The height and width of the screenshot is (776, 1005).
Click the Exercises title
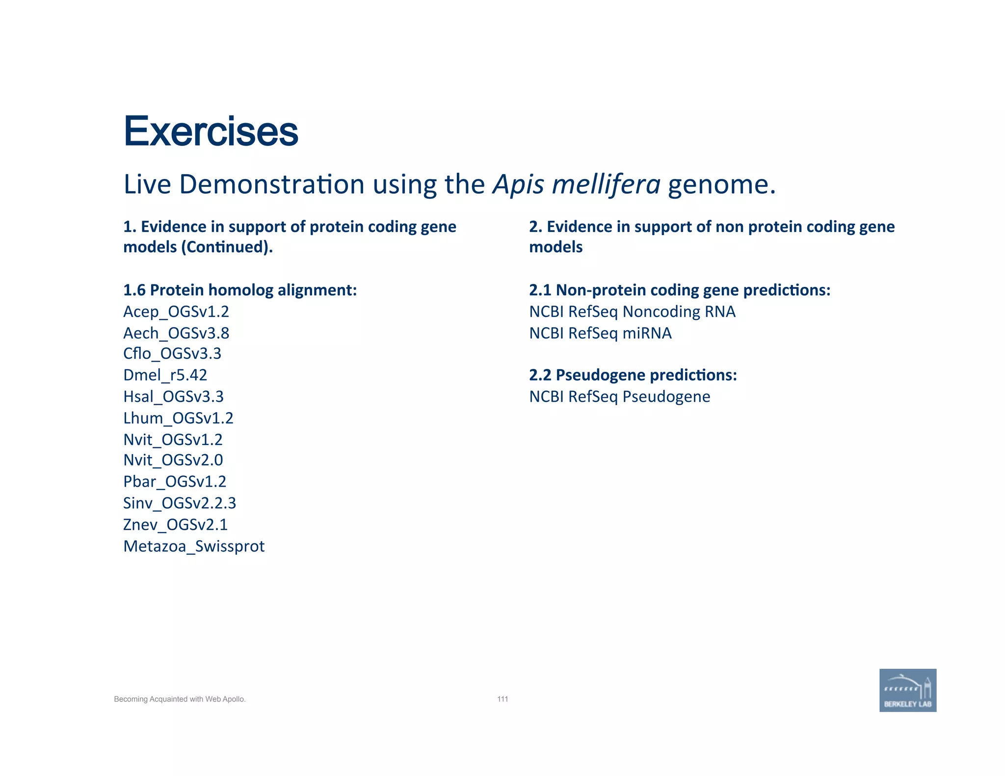pos(211,131)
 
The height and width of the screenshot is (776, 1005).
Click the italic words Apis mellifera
pos(577,185)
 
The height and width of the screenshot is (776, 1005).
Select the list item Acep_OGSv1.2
pos(176,311)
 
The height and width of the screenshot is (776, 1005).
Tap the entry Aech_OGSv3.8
pos(176,333)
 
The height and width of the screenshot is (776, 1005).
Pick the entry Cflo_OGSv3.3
pos(172,354)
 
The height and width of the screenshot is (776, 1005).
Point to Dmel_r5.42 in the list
pos(165,375)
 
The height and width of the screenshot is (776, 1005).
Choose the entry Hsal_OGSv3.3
pos(173,396)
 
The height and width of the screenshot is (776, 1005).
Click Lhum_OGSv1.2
pos(178,418)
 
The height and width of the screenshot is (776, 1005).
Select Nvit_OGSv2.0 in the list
pos(173,460)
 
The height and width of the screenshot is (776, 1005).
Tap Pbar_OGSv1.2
pos(175,482)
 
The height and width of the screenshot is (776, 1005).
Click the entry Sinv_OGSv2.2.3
pos(180,503)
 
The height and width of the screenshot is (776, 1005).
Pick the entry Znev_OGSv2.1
pos(175,525)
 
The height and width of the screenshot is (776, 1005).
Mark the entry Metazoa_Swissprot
pos(194,546)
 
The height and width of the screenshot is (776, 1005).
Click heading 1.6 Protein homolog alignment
pos(239,290)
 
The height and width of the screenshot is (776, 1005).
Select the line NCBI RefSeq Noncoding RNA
pos(632,311)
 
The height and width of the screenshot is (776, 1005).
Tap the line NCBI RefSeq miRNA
pos(600,333)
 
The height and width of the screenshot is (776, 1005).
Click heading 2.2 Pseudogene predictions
pos(633,375)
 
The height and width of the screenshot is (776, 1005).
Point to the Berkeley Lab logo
pos(907,690)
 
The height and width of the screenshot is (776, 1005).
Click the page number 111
pos(502,699)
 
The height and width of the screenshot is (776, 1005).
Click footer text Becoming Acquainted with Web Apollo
pos(180,699)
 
